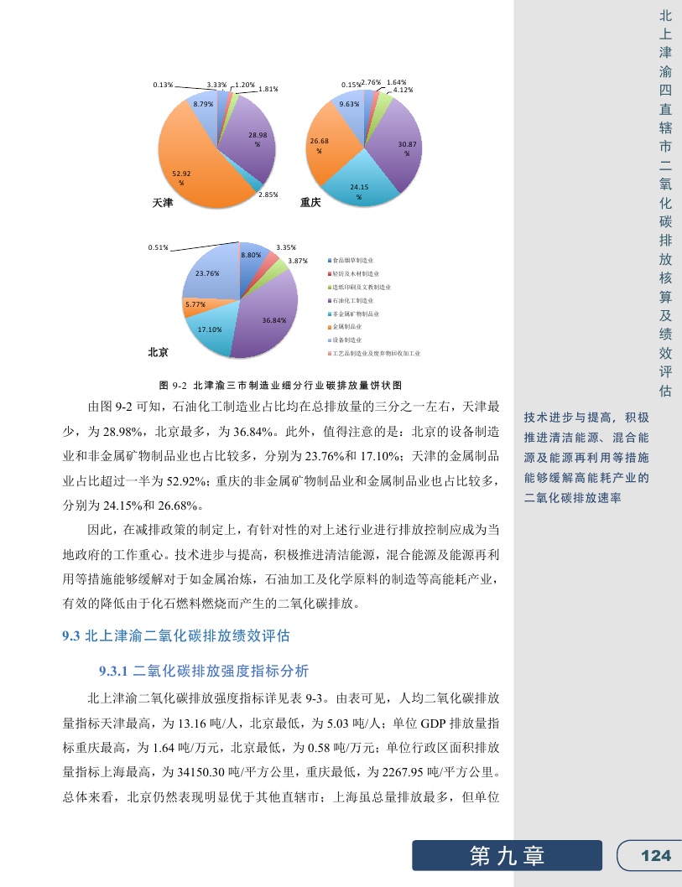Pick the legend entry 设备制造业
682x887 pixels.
(x=347, y=340)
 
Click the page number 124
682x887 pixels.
(x=655, y=855)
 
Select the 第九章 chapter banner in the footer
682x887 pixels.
(x=507, y=855)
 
